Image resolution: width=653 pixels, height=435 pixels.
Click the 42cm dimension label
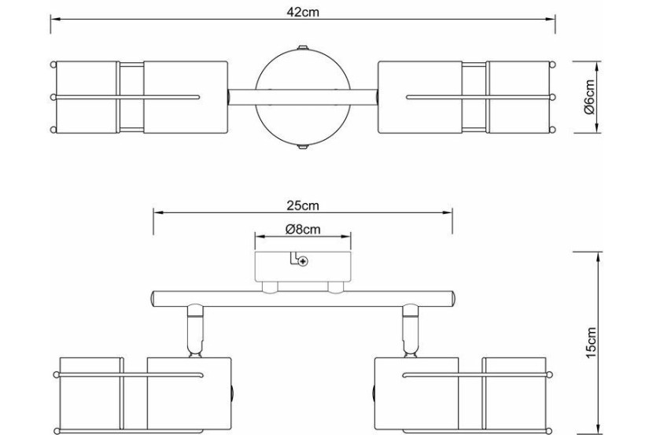point(303,12)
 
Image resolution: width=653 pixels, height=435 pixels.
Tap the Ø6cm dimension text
point(590,97)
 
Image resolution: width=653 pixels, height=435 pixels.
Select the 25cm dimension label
point(303,205)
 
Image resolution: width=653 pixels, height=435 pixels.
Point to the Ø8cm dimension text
point(303,229)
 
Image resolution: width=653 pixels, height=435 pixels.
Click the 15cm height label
point(591,343)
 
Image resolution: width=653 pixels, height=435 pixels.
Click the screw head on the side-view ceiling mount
point(304,261)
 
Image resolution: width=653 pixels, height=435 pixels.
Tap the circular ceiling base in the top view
point(303,97)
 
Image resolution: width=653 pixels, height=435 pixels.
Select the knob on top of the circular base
point(303,47)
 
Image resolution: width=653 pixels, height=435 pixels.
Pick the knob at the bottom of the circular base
point(303,146)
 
